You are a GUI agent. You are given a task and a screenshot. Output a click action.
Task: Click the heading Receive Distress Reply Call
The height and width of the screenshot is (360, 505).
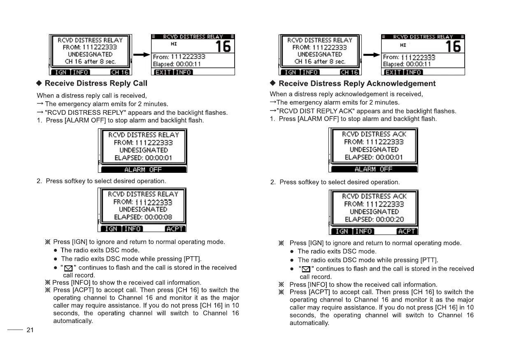tap(95, 84)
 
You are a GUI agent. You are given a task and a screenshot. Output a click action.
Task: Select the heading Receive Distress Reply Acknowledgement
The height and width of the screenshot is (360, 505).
tap(357, 84)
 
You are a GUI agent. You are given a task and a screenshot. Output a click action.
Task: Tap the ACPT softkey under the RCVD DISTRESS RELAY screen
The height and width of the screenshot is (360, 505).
tap(175, 229)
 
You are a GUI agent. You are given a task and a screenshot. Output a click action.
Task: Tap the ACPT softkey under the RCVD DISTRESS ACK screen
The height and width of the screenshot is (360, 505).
tap(407, 231)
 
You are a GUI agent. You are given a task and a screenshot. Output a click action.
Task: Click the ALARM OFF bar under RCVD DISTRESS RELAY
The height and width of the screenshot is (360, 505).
tap(143, 170)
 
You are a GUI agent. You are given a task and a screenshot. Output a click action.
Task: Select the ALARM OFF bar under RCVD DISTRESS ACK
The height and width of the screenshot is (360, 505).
tap(374, 169)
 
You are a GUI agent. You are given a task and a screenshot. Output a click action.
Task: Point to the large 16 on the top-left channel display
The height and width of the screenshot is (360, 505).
tap(223, 46)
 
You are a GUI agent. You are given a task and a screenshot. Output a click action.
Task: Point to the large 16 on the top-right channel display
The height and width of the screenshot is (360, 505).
tap(453, 46)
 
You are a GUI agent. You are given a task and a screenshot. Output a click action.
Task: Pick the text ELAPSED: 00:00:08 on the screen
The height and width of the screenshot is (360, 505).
tap(143, 217)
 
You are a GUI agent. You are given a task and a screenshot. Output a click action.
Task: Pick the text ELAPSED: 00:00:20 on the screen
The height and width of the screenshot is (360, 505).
tap(374, 219)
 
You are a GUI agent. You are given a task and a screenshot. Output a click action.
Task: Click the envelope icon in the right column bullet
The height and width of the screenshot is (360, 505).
tap(305, 269)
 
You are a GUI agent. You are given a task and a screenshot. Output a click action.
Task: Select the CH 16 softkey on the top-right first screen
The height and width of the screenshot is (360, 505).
tap(349, 72)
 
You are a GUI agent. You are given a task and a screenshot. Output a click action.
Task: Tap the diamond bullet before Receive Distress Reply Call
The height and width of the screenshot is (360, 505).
tap(40, 84)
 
